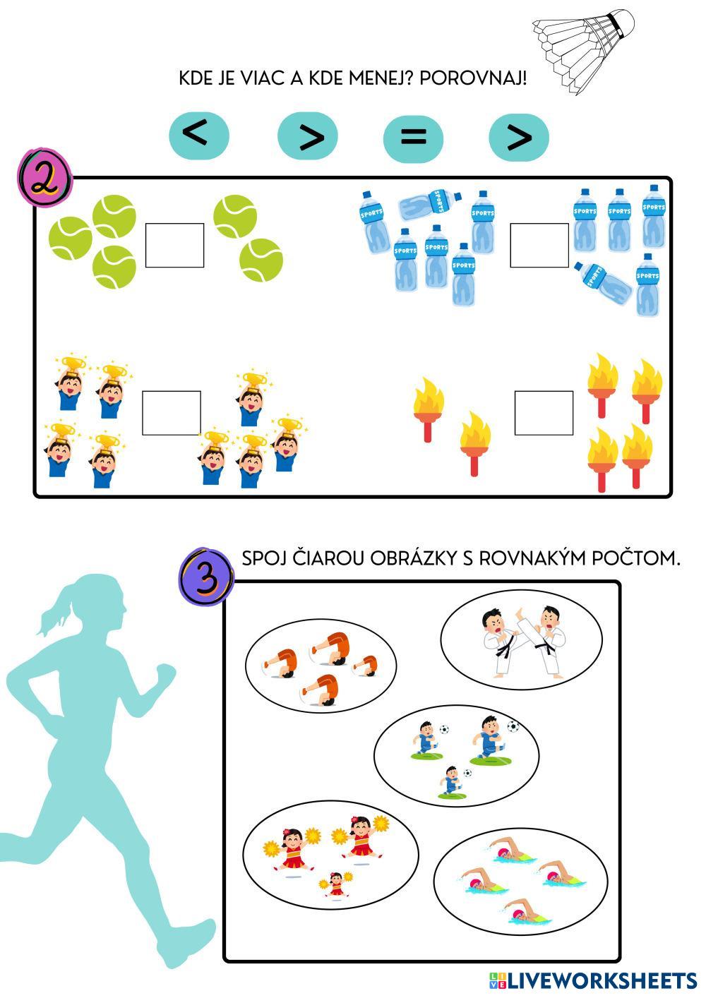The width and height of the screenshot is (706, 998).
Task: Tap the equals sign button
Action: (413, 136)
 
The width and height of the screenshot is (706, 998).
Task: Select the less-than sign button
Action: (199, 133)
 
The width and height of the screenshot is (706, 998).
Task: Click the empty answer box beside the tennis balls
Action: (174, 246)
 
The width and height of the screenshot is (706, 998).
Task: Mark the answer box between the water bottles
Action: (539, 246)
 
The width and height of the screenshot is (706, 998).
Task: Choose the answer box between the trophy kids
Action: (172, 413)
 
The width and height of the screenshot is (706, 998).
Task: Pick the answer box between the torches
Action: (544, 413)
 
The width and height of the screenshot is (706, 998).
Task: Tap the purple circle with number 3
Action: (205, 575)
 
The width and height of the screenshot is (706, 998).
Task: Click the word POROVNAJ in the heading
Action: (472, 78)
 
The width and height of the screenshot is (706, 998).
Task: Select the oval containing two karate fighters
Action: (521, 639)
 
